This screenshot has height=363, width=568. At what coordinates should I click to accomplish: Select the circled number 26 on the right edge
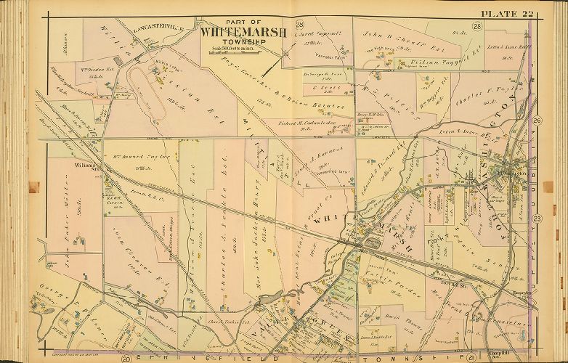[536, 120]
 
